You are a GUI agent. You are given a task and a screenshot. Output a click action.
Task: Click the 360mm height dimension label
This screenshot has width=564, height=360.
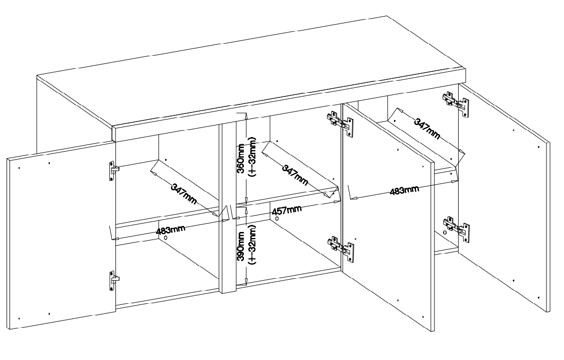[x=241, y=158]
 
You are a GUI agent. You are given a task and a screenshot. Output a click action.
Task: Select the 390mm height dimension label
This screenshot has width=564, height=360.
[x=241, y=246]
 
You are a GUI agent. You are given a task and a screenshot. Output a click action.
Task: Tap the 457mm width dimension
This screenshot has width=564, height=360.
[x=287, y=210]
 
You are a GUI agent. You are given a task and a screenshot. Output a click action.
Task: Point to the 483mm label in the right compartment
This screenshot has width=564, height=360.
[x=404, y=190]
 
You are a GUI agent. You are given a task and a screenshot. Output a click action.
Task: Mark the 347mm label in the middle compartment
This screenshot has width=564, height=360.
[x=295, y=175]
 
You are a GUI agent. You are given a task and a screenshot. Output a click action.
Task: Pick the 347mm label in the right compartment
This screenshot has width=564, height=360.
[x=427, y=128]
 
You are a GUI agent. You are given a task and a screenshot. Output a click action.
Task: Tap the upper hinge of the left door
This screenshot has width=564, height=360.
[x=114, y=170]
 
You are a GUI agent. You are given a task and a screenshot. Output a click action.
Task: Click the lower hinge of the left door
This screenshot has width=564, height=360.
[x=114, y=281]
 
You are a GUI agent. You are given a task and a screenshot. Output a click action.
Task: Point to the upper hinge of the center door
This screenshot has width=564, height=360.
[x=340, y=124]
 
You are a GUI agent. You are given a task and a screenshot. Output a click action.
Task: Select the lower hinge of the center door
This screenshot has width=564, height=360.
[x=340, y=248]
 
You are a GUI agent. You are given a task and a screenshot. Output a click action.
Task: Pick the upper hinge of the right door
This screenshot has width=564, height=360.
[x=456, y=104]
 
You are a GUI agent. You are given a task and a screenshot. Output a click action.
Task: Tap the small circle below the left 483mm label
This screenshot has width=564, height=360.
[x=166, y=237]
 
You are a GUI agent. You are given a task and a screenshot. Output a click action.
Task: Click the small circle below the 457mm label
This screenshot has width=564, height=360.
[x=276, y=218]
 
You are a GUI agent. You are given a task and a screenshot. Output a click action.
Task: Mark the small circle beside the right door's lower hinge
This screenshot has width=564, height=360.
[x=445, y=232]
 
